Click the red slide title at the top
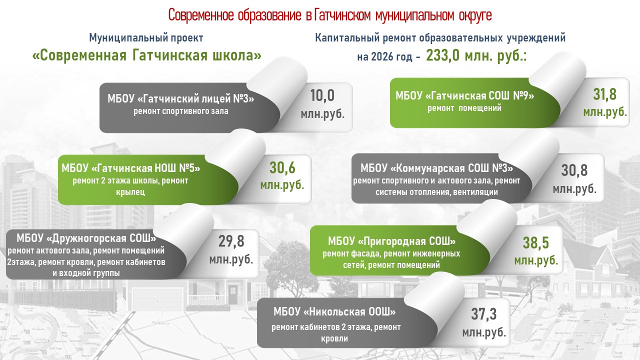[x=330, y=15]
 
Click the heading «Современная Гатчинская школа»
[x=147, y=55]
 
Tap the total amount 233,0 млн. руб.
[x=476, y=55]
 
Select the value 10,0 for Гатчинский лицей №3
[x=322, y=95]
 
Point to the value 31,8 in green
[x=605, y=94]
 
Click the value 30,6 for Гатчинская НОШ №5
[x=282, y=167]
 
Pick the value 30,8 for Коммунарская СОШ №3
[x=574, y=170]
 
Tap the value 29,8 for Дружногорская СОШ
[x=231, y=241]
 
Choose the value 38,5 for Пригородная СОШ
[x=536, y=243]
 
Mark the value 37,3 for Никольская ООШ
[x=484, y=314]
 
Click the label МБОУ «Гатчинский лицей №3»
[x=181, y=98]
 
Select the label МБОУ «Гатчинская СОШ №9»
[x=464, y=95]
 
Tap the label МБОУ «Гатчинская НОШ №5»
[x=131, y=168]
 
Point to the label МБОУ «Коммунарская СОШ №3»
[x=436, y=168]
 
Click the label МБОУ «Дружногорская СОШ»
[x=86, y=238]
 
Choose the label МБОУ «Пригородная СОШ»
[x=391, y=241]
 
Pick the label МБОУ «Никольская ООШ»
[x=334, y=311]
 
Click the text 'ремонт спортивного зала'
[x=181, y=111]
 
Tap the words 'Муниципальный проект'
[x=146, y=37]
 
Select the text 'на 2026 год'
[x=384, y=57]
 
